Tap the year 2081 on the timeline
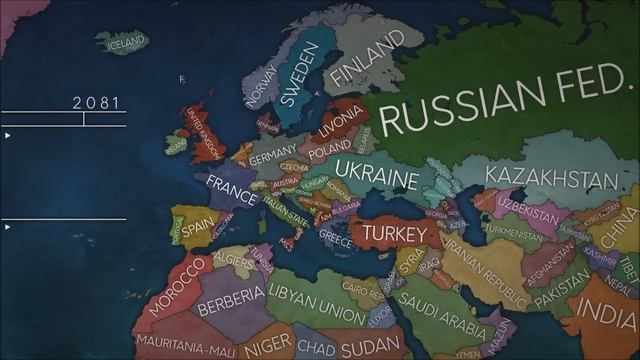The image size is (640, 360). (x=96, y=102)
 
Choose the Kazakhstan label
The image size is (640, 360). (x=550, y=178)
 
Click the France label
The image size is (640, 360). (x=232, y=187)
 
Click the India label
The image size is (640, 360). (x=610, y=315)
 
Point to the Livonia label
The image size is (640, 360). (x=340, y=123)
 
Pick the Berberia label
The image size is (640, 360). (x=231, y=303)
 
